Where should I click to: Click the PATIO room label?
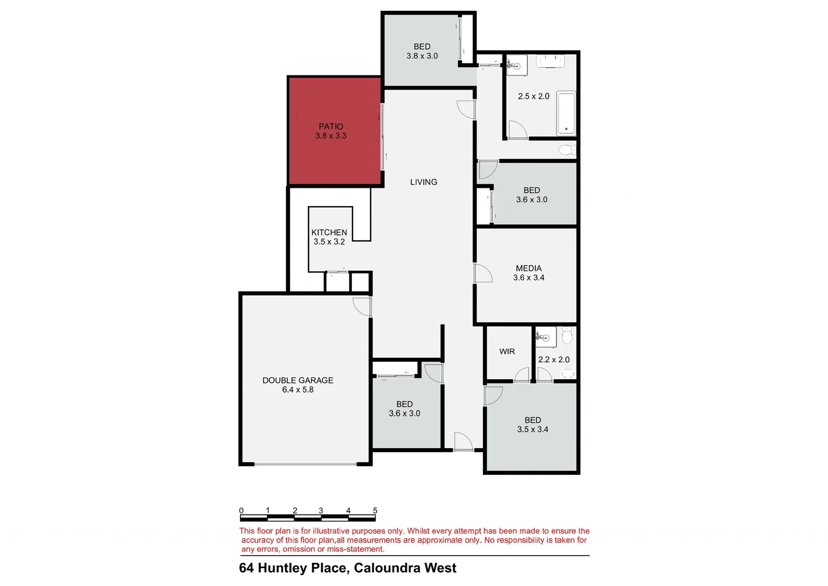(331, 126)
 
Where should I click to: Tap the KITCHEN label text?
(329, 232)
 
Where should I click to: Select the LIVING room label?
(423, 182)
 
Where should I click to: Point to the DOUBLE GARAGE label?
(297, 380)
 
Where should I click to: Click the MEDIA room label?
(528, 268)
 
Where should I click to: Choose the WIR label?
(507, 352)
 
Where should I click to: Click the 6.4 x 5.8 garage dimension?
(297, 390)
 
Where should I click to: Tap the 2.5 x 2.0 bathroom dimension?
(533, 97)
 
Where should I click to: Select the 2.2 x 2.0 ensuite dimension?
(553, 360)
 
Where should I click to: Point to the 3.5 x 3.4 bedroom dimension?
(532, 429)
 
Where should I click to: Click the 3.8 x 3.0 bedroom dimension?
(422, 56)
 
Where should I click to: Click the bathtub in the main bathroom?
(566, 113)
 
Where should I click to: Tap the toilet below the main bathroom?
(567, 149)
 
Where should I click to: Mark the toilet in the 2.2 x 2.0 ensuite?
(567, 336)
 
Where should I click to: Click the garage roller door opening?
(306, 464)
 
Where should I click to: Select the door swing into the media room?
(483, 273)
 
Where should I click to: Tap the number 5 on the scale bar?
(375, 511)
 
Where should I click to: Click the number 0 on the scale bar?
(241, 511)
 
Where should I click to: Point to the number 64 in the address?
(246, 568)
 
